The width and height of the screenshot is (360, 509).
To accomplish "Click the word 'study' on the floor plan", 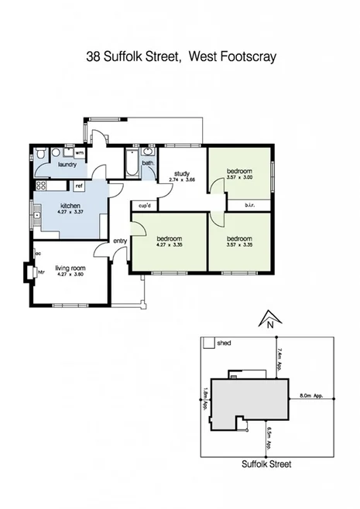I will [182, 173].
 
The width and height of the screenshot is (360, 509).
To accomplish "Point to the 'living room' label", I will [69, 268].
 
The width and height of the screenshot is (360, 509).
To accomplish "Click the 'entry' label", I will [120, 241].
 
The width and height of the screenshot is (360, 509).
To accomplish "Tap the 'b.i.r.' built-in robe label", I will [250, 205].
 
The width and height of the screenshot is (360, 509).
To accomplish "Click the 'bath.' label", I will [147, 163].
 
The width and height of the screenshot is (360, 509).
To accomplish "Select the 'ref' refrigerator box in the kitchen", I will [79, 186].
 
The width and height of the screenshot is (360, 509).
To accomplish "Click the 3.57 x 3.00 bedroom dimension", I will [240, 178].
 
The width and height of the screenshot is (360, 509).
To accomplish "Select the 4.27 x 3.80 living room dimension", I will [69, 275].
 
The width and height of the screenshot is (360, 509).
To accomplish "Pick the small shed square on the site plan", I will [207, 342].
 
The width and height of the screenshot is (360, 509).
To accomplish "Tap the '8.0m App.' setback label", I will [310, 396].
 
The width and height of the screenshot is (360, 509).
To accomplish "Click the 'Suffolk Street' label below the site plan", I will [265, 466].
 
